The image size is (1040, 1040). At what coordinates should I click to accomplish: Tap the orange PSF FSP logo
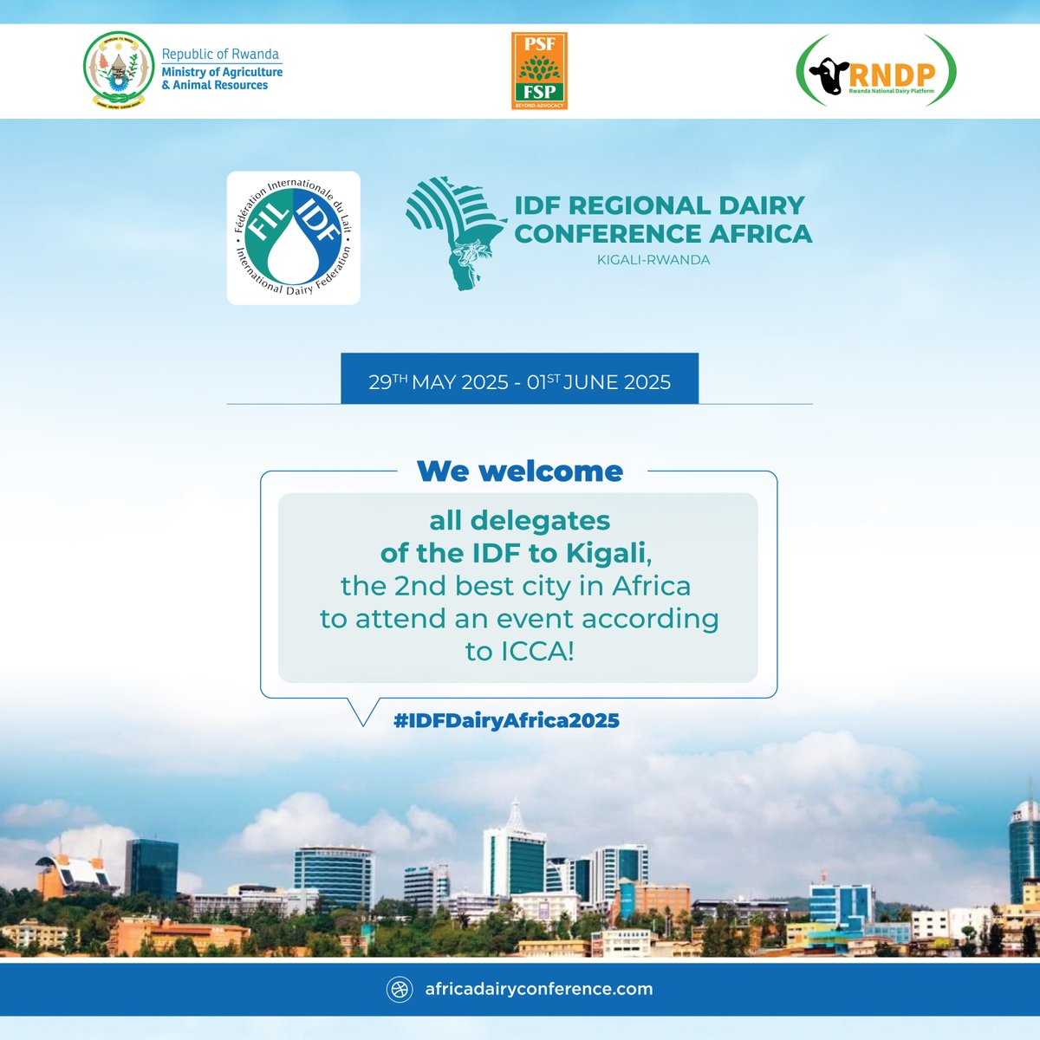[x=539, y=71]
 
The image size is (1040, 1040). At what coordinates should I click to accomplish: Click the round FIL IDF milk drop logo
[x=293, y=237]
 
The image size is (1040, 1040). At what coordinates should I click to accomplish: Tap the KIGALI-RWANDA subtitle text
[x=653, y=260]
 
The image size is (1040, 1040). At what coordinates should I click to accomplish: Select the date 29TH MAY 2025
[x=439, y=382]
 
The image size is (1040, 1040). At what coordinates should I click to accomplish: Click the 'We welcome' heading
[x=520, y=471]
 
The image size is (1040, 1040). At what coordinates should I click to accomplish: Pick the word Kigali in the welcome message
[x=607, y=553]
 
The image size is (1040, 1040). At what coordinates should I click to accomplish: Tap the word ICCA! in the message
[x=520, y=651]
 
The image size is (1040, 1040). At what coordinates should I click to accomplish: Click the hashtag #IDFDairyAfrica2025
[x=506, y=720]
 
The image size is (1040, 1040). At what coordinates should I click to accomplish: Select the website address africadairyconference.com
[x=538, y=989]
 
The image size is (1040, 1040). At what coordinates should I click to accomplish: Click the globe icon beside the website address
[x=400, y=990]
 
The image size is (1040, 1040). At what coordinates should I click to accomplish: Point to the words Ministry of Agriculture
[x=222, y=72]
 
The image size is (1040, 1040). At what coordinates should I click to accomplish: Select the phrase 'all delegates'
[x=520, y=521]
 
